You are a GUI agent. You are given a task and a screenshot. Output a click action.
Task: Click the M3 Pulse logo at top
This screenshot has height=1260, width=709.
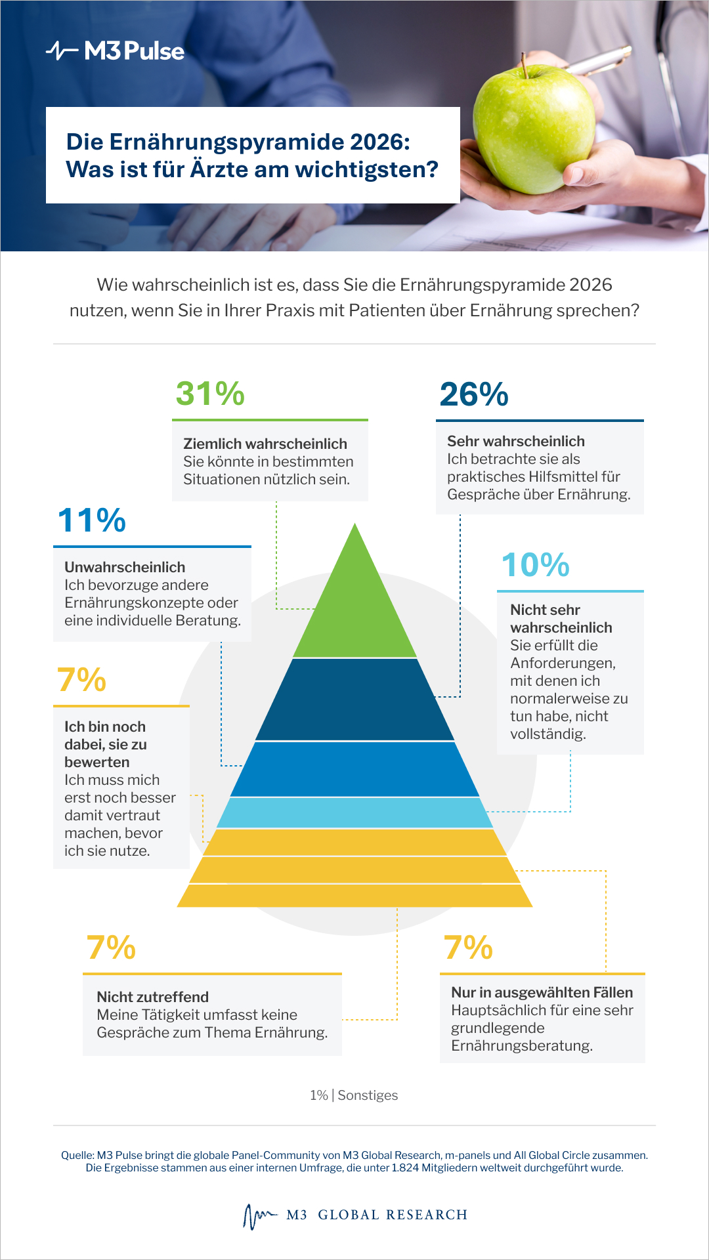tap(116, 51)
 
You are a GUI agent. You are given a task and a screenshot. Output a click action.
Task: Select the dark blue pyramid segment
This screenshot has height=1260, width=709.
tap(354, 700)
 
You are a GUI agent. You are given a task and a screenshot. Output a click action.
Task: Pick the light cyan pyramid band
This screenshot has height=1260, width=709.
tap(354, 812)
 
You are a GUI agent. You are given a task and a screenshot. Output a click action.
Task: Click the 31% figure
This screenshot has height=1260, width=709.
tap(210, 394)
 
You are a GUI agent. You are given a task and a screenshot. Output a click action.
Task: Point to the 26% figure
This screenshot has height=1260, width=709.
tap(474, 394)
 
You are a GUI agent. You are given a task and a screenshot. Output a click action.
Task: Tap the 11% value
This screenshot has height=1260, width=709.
tap(92, 520)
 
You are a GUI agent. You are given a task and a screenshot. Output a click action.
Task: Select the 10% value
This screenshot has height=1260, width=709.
tap(536, 565)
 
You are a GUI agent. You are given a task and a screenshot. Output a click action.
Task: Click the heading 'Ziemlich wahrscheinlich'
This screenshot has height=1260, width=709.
tap(265, 444)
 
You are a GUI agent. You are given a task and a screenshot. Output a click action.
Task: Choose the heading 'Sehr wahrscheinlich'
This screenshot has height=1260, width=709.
tap(516, 441)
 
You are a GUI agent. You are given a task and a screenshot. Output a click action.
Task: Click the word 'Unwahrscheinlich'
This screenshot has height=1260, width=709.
tap(125, 567)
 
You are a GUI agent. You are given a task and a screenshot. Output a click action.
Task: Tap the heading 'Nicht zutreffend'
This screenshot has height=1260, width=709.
tap(153, 997)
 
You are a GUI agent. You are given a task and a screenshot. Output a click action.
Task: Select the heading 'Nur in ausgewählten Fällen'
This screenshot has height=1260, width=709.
tap(542, 992)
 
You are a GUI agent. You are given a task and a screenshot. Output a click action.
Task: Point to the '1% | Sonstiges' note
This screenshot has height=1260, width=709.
tap(354, 1095)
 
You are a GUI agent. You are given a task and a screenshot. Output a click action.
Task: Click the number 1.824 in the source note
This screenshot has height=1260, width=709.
tap(405, 1168)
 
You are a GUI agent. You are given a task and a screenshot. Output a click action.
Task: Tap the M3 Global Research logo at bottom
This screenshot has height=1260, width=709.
tap(354, 1215)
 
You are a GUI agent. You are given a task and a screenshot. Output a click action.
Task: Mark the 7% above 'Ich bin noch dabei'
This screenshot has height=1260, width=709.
tap(81, 680)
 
